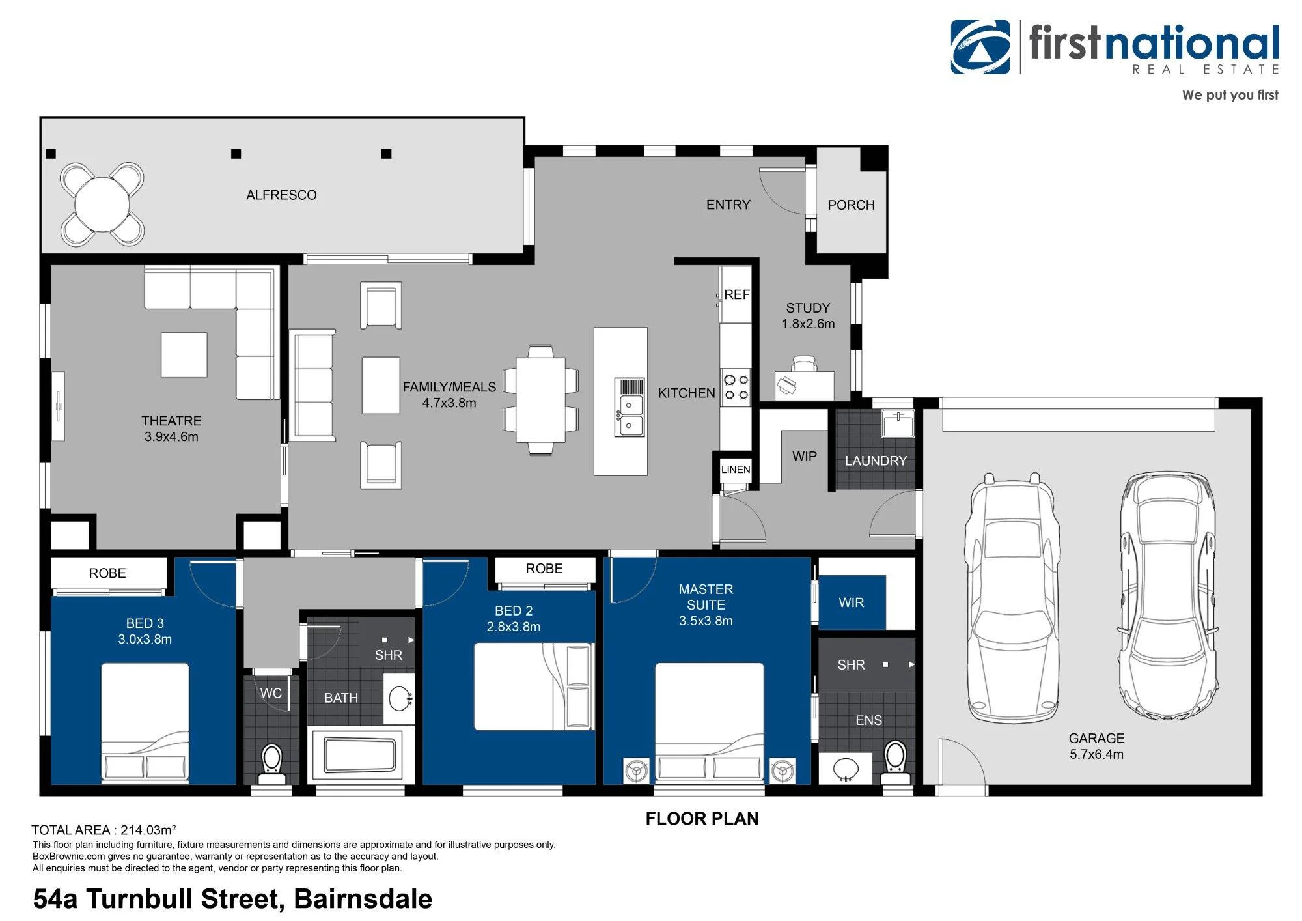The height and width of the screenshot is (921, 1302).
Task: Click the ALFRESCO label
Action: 281,195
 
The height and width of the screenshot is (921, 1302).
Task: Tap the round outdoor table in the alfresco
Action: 102,205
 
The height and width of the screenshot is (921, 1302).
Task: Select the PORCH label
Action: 851,205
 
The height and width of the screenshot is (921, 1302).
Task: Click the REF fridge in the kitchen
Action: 736,294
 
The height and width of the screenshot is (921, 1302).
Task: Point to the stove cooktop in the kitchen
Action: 736,386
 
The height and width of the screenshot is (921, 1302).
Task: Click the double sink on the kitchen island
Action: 630,407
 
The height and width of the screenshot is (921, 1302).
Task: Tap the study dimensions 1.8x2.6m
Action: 808,324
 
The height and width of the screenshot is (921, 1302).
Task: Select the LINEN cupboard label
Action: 736,470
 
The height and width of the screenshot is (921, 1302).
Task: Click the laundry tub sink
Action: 898,423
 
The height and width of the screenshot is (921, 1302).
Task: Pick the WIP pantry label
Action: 805,457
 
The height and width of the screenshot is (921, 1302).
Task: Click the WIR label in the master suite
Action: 852,603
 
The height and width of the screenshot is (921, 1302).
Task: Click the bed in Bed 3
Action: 145,722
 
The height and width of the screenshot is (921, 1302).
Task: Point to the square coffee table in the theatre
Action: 184,356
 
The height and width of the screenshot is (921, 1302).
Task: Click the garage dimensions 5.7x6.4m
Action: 1096,754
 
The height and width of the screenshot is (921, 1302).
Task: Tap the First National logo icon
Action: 980,47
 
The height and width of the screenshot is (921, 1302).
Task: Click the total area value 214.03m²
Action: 148,830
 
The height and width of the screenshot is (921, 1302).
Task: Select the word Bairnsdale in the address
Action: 363,899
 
